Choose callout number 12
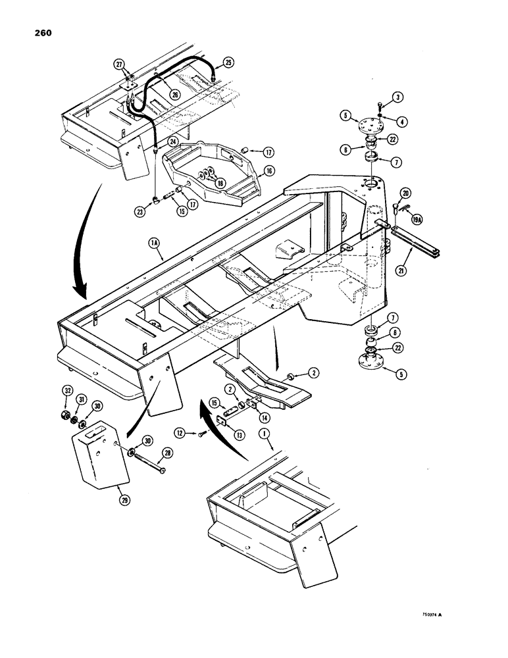click(179, 432)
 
